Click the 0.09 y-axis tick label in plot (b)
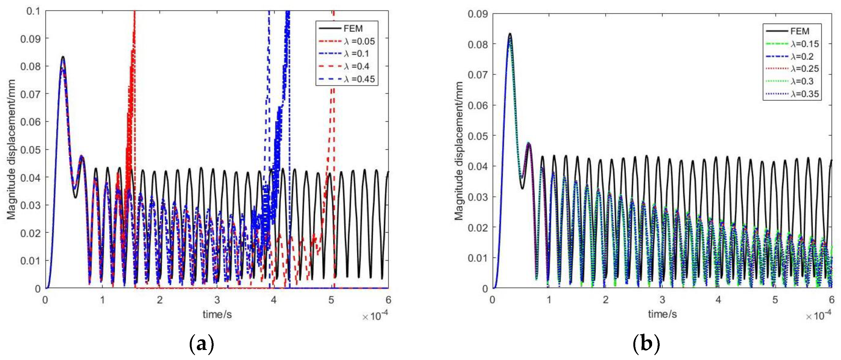point(478,14)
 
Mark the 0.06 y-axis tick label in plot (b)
point(478,105)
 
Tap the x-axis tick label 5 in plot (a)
point(331,300)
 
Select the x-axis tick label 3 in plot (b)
point(662,300)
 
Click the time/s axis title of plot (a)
point(217,314)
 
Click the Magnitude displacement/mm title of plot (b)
point(459,151)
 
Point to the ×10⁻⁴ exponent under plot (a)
point(375,316)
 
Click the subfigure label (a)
point(202,344)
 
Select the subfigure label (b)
point(646,344)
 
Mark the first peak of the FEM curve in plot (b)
point(510,34)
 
